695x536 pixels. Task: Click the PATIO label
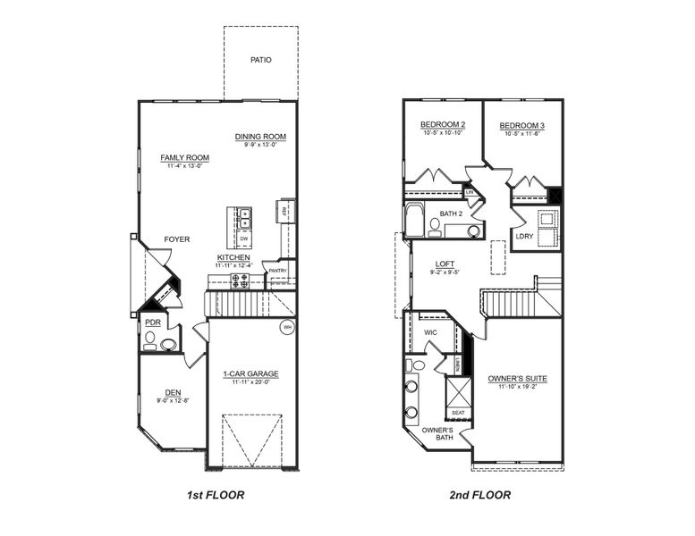coord(261,61)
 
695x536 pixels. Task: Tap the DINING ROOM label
coord(260,137)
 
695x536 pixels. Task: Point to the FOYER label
coord(176,239)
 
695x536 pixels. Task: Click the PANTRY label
coord(277,271)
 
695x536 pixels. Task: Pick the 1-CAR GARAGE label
coord(250,374)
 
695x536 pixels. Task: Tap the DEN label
coord(173,392)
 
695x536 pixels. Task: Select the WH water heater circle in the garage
coord(287,328)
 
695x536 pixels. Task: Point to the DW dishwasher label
coord(243,239)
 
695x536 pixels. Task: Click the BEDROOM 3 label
coord(522,124)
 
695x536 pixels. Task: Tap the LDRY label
coord(525,236)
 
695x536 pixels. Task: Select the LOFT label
coord(445,264)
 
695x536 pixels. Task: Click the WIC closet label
coord(429,332)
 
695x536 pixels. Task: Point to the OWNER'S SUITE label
coord(517,379)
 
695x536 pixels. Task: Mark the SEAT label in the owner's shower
coord(458,413)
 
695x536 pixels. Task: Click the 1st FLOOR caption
coord(216,494)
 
